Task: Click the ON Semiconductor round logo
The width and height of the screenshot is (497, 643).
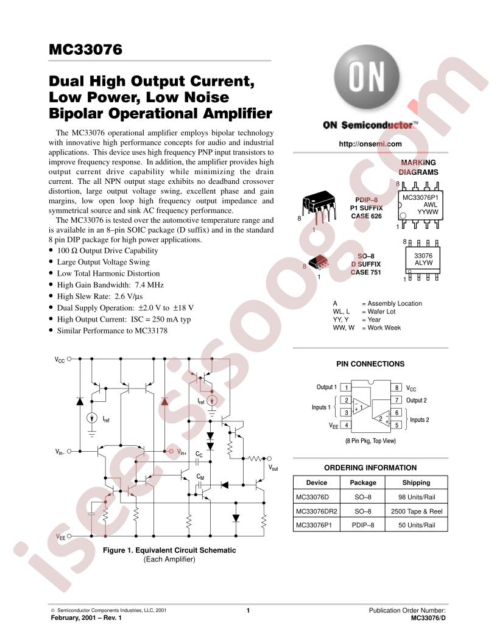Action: (366, 77)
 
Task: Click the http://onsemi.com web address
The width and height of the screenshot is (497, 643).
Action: (370, 144)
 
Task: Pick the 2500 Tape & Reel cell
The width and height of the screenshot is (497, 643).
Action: (416, 511)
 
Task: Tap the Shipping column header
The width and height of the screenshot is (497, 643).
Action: (416, 483)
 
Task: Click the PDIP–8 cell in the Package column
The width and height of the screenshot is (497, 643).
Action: (363, 525)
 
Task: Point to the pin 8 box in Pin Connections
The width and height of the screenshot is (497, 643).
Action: (397, 387)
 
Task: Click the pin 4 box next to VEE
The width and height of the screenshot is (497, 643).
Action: (347, 425)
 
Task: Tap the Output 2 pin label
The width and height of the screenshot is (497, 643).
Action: (416, 400)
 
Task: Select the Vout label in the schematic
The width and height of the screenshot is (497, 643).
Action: (273, 468)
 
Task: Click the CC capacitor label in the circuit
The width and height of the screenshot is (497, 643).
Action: (199, 454)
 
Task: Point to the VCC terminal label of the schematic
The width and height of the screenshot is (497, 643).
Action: (60, 360)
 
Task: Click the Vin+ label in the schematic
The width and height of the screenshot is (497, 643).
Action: (182, 452)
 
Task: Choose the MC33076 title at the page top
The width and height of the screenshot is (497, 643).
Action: (85, 49)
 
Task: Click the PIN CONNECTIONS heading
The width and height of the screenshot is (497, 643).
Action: (370, 364)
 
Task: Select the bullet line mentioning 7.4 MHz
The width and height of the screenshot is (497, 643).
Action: (110, 284)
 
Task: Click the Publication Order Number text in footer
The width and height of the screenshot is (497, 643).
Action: (407, 610)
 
